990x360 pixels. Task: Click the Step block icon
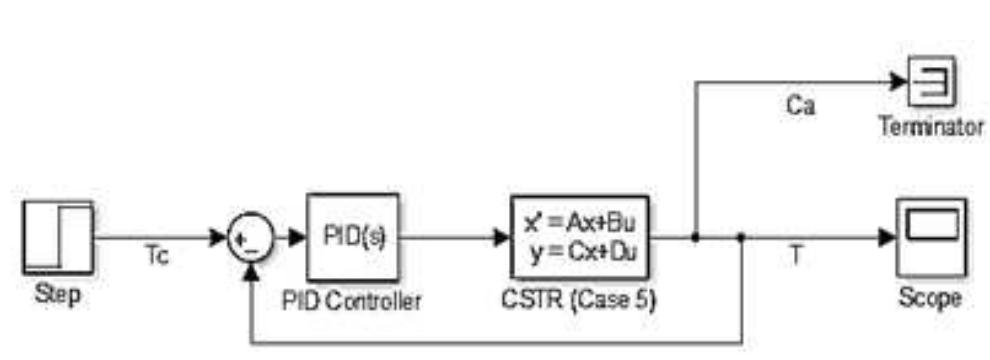click(x=57, y=237)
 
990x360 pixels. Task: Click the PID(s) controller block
click(x=352, y=238)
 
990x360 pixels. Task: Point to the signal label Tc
click(x=154, y=258)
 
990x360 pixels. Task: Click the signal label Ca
click(x=799, y=106)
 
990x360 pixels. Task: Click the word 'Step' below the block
click(x=57, y=297)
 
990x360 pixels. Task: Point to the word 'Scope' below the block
click(x=930, y=297)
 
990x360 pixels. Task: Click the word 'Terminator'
click(x=931, y=128)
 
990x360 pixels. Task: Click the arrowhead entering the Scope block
click(x=887, y=238)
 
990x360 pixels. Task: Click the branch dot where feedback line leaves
click(x=741, y=238)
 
